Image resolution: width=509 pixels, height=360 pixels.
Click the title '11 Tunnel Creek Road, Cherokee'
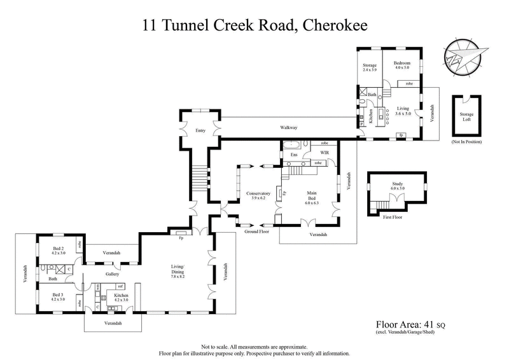[x=254, y=25]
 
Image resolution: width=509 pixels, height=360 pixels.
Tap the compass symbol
[x=468, y=55]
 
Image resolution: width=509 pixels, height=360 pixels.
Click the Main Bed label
[x=311, y=196]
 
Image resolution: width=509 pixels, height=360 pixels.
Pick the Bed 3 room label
[x=59, y=296]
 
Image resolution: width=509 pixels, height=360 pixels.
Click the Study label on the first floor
[x=398, y=186]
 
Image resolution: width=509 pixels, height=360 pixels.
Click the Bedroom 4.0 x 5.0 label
[x=401, y=66]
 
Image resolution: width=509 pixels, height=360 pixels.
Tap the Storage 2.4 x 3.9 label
[x=370, y=67]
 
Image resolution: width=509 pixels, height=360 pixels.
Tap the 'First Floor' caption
[x=393, y=217]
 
